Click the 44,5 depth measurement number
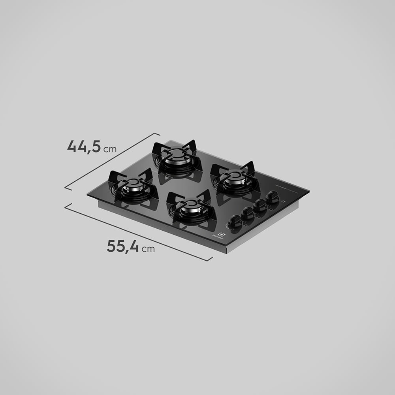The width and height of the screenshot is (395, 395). pyautogui.click(x=84, y=146)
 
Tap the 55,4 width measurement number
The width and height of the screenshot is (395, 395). pyautogui.click(x=123, y=246)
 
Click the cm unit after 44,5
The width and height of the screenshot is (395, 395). pyautogui.click(x=110, y=149)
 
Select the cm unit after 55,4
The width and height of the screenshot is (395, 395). pyautogui.click(x=149, y=249)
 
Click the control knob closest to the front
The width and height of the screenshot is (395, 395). pyautogui.click(x=235, y=220)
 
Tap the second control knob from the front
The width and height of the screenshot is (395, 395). pyautogui.click(x=247, y=213)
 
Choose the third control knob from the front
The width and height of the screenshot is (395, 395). pyautogui.click(x=260, y=205)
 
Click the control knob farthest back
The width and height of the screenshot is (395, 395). pyautogui.click(x=272, y=196)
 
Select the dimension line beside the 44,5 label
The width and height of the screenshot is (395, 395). pyautogui.click(x=113, y=161)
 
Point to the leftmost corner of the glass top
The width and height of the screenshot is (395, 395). pyautogui.click(x=88, y=194)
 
